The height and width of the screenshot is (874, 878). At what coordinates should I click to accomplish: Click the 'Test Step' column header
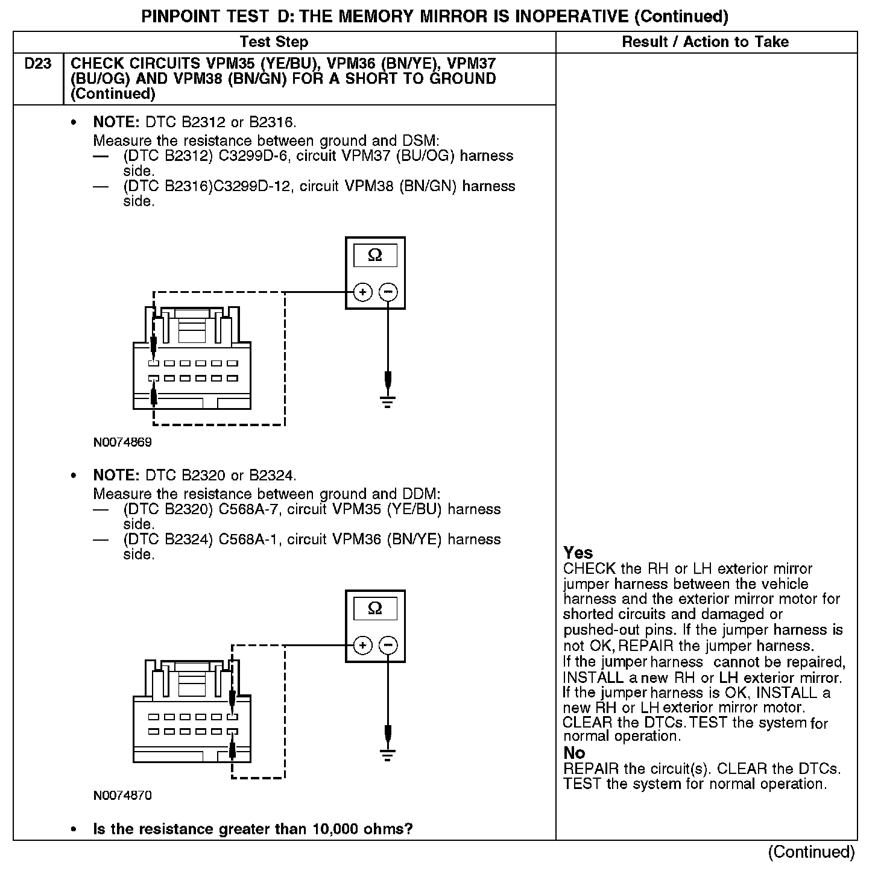(274, 42)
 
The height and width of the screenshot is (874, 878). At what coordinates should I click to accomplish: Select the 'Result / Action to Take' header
(705, 42)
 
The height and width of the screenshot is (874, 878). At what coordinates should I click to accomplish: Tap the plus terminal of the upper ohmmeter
(362, 292)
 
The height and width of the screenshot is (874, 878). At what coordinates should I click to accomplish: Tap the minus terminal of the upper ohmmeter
(388, 292)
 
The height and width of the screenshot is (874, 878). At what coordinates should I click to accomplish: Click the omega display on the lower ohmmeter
(375, 609)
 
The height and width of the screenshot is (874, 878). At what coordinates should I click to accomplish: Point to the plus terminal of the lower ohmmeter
(362, 646)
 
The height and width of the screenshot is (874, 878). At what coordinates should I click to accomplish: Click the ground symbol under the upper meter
(388, 401)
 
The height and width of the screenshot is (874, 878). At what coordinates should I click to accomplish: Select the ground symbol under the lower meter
(388, 754)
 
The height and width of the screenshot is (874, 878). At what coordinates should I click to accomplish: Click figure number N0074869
(122, 442)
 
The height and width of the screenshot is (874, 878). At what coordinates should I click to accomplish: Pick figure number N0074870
(122, 796)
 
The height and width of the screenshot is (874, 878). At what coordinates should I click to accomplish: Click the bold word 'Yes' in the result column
(578, 553)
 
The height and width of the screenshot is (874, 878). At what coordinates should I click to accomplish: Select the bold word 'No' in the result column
(574, 753)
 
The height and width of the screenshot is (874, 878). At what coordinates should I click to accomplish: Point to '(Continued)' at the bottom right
(811, 852)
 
